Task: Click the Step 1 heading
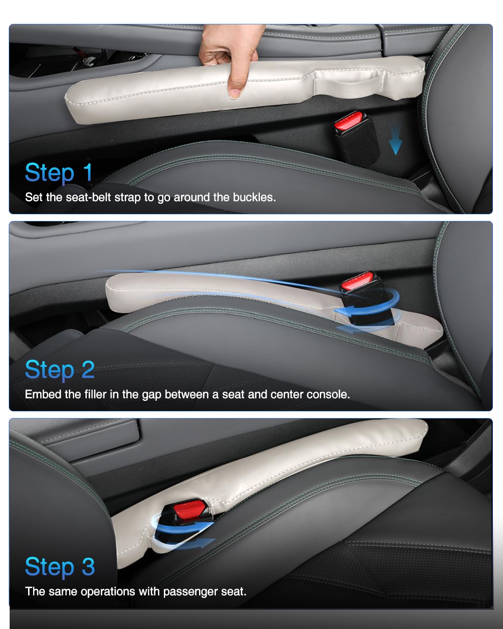(59, 173)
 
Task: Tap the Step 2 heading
(60, 370)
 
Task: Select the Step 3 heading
(60, 567)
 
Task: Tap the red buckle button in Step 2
(357, 281)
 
